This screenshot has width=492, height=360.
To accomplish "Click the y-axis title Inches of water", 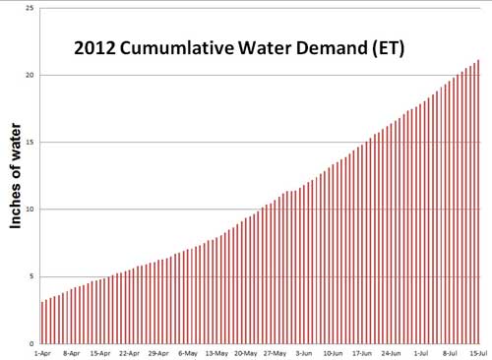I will [17, 179].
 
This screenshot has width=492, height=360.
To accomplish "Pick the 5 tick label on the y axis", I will [31, 276].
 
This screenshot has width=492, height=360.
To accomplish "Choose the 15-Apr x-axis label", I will [99, 352].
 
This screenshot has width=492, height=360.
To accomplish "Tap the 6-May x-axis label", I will [187, 352].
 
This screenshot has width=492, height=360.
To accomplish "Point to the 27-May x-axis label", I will [275, 352].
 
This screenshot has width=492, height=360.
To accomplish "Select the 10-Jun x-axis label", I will [334, 352].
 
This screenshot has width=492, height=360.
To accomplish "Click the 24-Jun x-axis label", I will [392, 352].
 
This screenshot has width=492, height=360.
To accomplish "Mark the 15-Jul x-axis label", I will [479, 352].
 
